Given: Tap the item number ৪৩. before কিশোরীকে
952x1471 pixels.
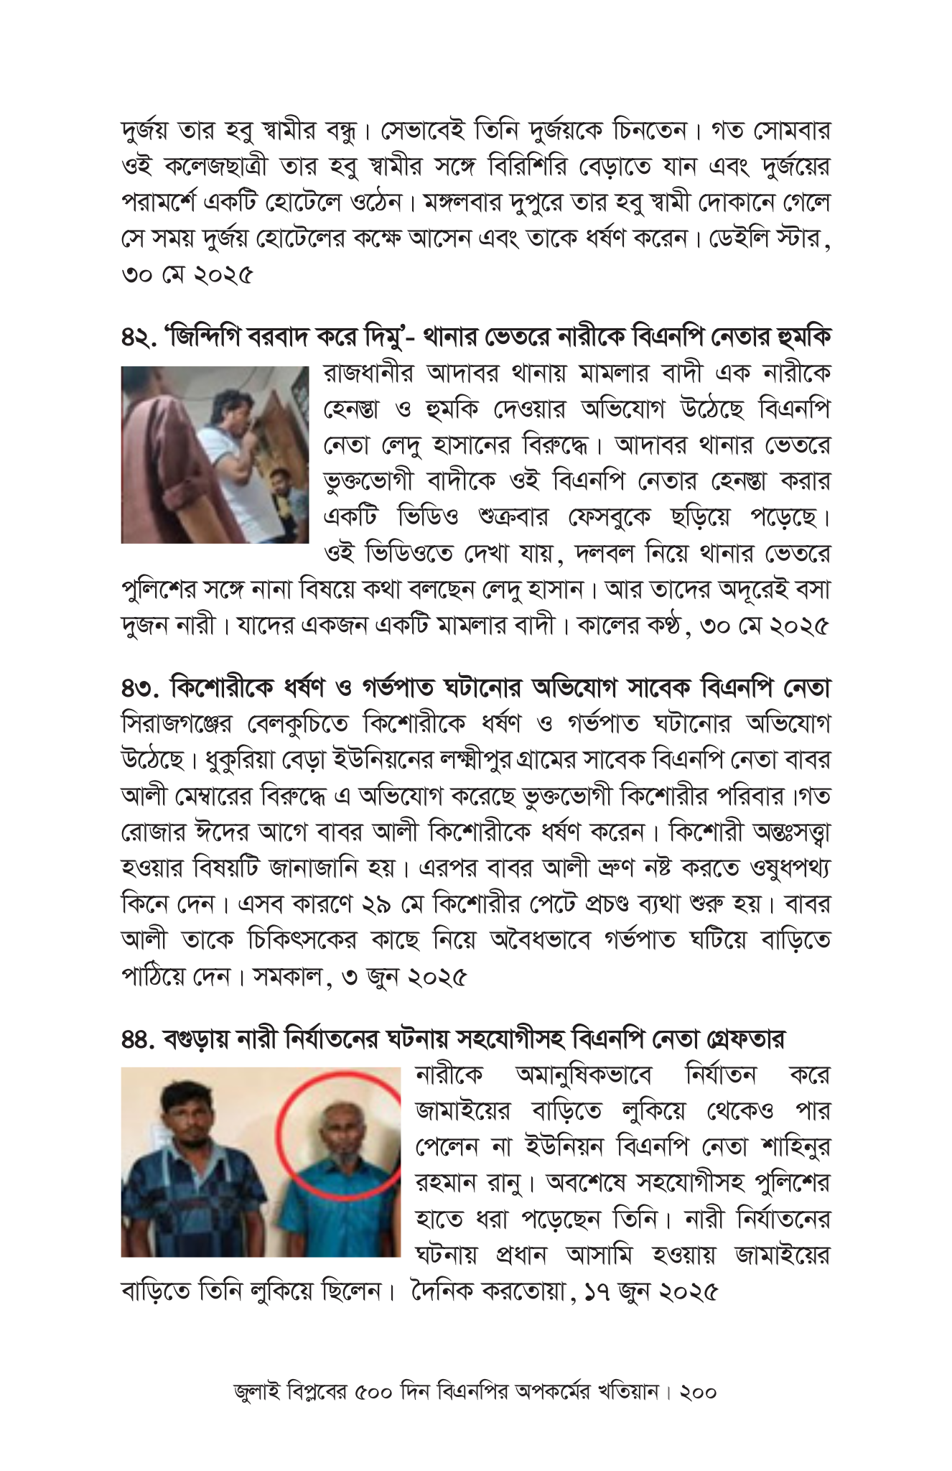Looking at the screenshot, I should pyautogui.click(x=139, y=688).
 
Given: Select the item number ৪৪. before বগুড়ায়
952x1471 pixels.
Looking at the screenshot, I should pyautogui.click(x=138, y=1039).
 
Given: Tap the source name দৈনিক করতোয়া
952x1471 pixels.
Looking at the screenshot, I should pyautogui.click(x=487, y=1294).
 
